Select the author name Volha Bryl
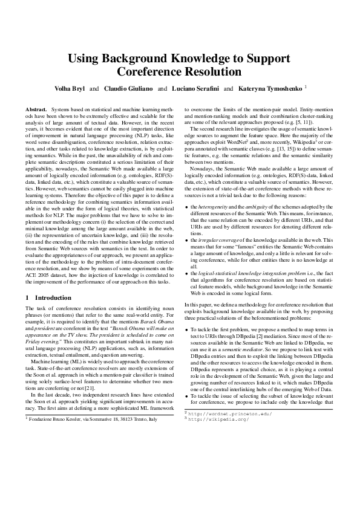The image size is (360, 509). (x=70, y=88)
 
